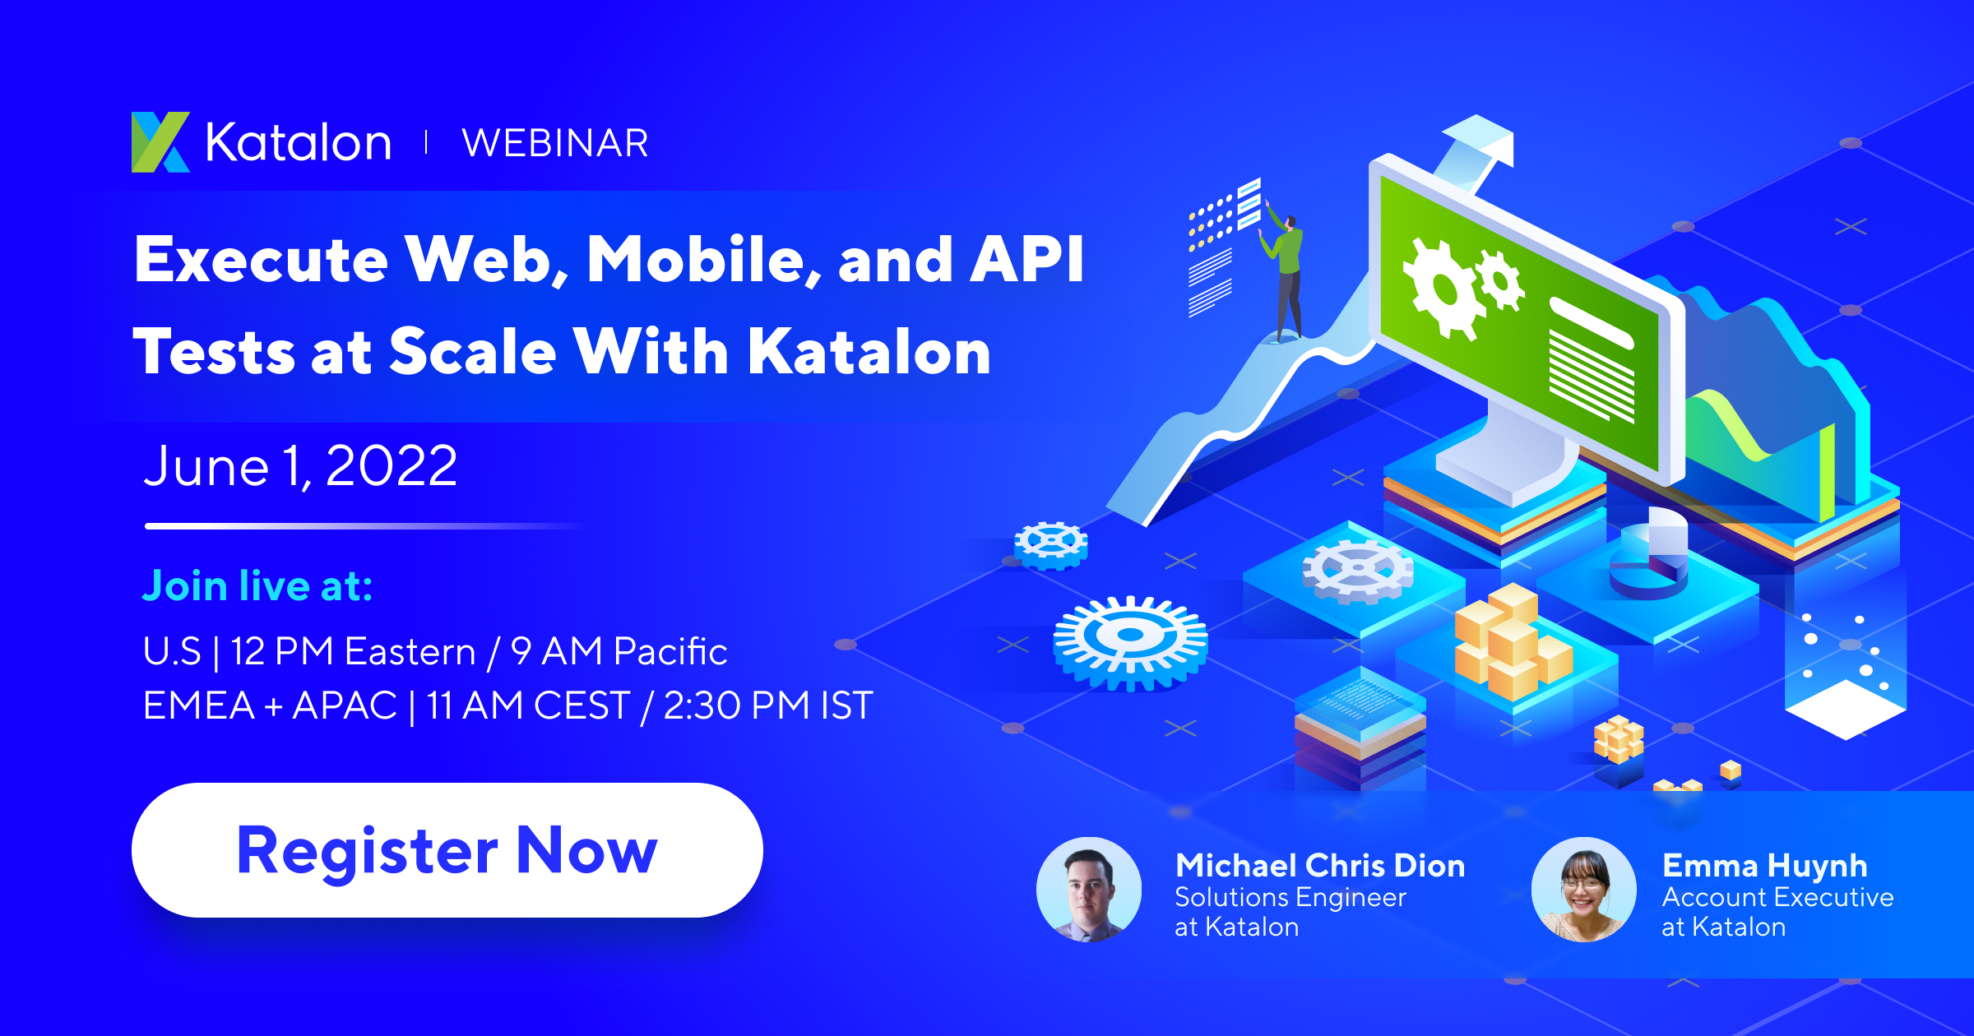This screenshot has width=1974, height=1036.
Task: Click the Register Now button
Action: tap(447, 850)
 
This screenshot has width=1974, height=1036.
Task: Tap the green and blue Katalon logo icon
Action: tap(160, 142)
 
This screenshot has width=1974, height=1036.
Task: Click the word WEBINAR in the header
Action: tap(555, 143)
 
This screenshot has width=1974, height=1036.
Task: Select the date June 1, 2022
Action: tap(300, 466)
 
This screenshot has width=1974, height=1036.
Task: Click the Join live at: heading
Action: tap(257, 586)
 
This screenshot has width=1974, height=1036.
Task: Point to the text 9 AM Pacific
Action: tap(619, 651)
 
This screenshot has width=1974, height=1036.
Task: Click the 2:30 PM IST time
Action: tap(767, 705)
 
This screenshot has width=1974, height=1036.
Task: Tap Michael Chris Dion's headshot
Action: tap(1088, 890)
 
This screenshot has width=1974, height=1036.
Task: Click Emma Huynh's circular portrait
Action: tap(1583, 890)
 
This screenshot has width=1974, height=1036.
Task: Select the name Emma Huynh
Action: tap(1764, 865)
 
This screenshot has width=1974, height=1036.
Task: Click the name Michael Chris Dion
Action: tap(1319, 865)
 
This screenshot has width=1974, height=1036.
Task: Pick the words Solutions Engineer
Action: tap(1290, 897)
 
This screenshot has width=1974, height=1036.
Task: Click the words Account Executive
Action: tap(1777, 897)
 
